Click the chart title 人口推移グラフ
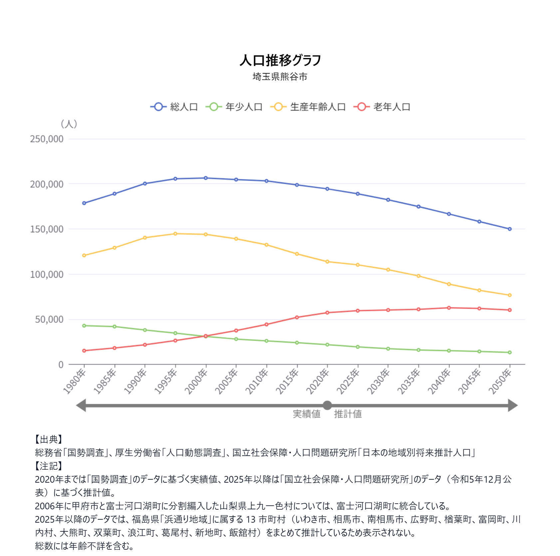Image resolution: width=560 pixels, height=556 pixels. (280, 60)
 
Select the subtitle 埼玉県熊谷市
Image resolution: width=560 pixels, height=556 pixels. (280, 77)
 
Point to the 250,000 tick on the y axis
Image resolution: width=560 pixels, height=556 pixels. (47, 139)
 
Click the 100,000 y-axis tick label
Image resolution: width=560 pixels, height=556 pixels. (47, 274)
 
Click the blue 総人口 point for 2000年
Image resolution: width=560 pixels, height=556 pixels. (206, 178)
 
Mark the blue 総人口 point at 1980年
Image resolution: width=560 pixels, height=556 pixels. (84, 203)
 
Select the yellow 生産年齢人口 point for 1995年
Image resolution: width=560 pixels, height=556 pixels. (175, 234)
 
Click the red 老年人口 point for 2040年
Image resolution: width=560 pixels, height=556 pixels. (449, 308)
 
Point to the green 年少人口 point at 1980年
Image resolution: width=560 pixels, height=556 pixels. (84, 326)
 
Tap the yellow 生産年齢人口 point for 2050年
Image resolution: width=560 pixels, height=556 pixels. (510, 295)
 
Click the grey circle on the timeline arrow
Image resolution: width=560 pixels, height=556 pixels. (327, 405)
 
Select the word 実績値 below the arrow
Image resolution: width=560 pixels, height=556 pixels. (306, 414)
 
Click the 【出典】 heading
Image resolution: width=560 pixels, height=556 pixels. (49, 439)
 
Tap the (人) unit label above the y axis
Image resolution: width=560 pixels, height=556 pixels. (69, 124)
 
